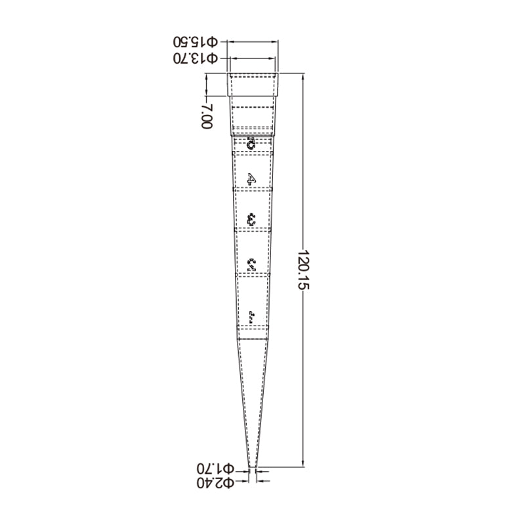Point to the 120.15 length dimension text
pyautogui.click(x=303, y=270)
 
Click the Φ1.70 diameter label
pyautogui.click(x=215, y=469)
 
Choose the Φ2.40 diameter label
pyautogui.click(x=215, y=484)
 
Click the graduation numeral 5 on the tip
pyautogui.click(x=251, y=142)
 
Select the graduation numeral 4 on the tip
pyautogui.click(x=251, y=178)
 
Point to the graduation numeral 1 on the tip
pyautogui.click(x=251, y=318)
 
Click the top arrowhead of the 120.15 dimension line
pyautogui.click(x=303, y=76)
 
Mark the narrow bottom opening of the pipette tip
pyautogui.click(x=252, y=467)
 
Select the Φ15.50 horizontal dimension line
pyautogui.click(x=253, y=41)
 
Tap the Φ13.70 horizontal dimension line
pyautogui.click(x=253, y=58)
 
